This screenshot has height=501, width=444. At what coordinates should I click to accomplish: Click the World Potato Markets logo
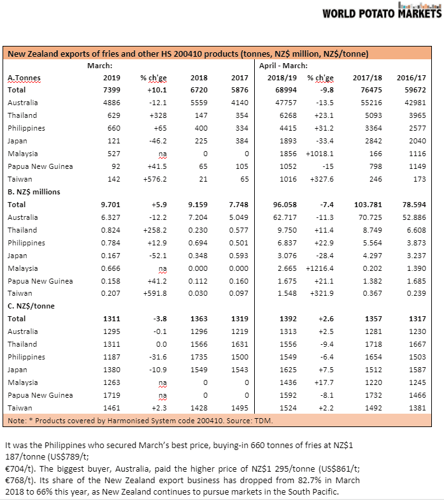(382, 11)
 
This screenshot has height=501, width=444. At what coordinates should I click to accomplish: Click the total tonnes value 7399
(112, 90)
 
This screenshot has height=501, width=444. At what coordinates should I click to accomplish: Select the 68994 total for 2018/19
(286, 90)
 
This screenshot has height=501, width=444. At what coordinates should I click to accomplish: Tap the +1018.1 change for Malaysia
(319, 154)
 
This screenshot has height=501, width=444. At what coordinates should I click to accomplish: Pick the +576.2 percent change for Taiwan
(155, 179)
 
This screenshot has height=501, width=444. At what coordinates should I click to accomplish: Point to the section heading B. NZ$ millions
(34, 192)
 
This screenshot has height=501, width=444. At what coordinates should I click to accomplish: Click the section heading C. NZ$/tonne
(31, 306)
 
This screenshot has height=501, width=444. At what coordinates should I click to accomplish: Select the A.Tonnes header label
(24, 78)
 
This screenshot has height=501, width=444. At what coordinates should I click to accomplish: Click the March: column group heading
(99, 66)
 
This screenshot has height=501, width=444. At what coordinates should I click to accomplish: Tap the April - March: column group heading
(283, 66)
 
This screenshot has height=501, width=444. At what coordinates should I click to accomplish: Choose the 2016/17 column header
(411, 78)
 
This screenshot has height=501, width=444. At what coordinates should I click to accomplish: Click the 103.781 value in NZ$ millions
(368, 205)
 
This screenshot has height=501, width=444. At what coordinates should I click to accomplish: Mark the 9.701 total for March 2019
(110, 205)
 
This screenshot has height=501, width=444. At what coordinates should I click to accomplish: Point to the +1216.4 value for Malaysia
(319, 268)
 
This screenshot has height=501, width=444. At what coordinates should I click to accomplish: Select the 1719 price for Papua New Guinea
(112, 395)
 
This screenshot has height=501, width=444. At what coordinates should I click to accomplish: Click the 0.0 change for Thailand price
(161, 344)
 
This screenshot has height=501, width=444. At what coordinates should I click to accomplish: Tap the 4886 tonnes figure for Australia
(112, 103)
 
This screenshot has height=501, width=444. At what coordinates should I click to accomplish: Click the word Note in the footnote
(17, 421)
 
